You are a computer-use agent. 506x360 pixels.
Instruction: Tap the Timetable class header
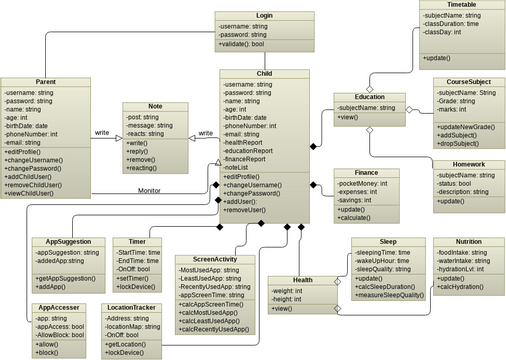462,5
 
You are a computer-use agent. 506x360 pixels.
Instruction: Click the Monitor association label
149,190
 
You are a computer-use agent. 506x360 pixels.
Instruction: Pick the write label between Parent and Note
101,131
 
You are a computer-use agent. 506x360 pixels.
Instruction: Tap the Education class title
370,96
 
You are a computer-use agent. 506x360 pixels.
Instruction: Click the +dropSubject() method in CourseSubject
466,144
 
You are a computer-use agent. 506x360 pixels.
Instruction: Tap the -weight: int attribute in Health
290,289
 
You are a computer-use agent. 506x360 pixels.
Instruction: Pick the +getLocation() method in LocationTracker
129,343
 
